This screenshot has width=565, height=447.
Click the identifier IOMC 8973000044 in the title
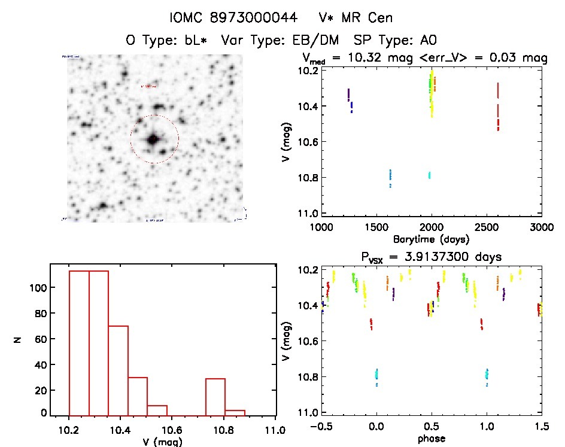click(x=233, y=18)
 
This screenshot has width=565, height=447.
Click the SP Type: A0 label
click(x=396, y=41)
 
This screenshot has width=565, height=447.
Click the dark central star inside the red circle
click(x=153, y=139)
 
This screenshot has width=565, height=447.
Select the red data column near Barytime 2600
click(x=498, y=108)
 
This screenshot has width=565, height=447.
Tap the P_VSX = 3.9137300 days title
click(x=431, y=257)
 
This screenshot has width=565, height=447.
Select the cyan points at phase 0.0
click(x=376, y=375)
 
